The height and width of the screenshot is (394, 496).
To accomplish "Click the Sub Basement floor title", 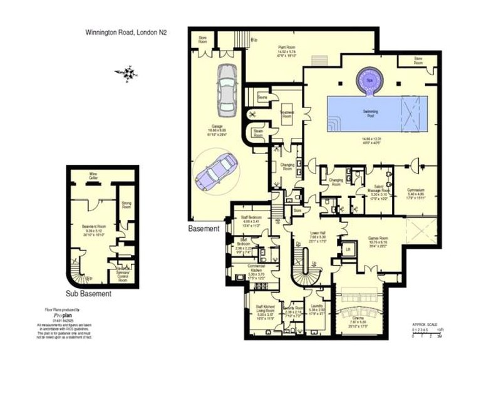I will tap(88, 293).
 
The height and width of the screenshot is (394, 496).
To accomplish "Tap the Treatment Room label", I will tap(287, 114).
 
